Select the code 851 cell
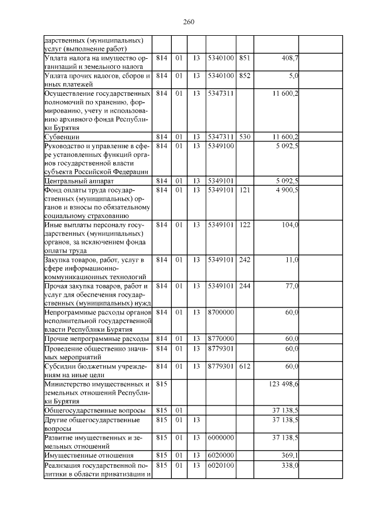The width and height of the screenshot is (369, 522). click(244, 58)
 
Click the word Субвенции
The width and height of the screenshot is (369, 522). click(62, 137)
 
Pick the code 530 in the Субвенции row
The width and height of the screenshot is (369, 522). click(244, 137)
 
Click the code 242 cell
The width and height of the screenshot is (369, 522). click(244, 260)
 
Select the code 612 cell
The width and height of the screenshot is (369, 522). click(244, 366)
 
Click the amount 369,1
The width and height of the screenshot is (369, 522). click(289, 456)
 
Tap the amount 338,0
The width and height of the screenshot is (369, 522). click(289, 465)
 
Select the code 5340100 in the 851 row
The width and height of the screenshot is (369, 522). click(220, 58)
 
